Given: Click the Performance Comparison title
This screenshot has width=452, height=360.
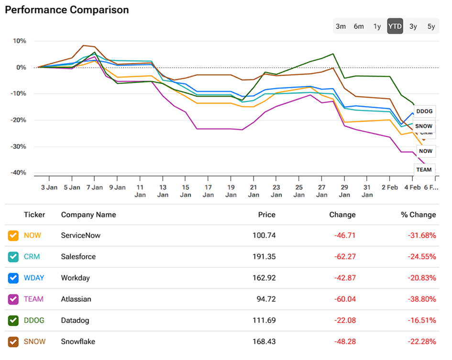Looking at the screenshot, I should pyautogui.click(x=66, y=10).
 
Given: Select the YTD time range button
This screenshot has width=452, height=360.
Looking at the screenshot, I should pyautogui.click(x=395, y=26).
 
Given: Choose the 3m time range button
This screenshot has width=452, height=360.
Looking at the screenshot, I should pyautogui.click(x=341, y=26).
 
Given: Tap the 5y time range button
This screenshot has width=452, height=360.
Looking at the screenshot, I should pyautogui.click(x=431, y=26).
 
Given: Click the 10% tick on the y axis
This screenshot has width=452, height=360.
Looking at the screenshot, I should pyautogui.click(x=20, y=41).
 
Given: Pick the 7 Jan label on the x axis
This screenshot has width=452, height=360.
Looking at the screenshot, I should pyautogui.click(x=95, y=187).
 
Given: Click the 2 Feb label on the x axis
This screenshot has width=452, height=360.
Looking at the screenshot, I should pyautogui.click(x=390, y=187).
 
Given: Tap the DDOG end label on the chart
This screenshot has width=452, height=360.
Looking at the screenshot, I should pyautogui.click(x=424, y=111).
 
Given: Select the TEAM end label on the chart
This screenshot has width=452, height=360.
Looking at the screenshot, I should pyautogui.click(x=424, y=169).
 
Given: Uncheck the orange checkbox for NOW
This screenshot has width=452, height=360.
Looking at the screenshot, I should pyautogui.click(x=13, y=235).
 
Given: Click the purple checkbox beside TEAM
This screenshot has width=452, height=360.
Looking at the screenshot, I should pyautogui.click(x=13, y=299).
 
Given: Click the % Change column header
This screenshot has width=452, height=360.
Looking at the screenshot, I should pyautogui.click(x=418, y=215).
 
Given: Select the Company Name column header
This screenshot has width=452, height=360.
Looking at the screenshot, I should pyautogui.click(x=88, y=215).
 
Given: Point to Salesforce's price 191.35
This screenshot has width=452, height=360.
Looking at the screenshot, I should pyautogui.click(x=264, y=257).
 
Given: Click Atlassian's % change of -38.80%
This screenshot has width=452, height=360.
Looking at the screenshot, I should pyautogui.click(x=420, y=299).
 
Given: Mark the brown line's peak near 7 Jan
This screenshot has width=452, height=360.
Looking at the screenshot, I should pyautogui.click(x=84, y=45).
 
